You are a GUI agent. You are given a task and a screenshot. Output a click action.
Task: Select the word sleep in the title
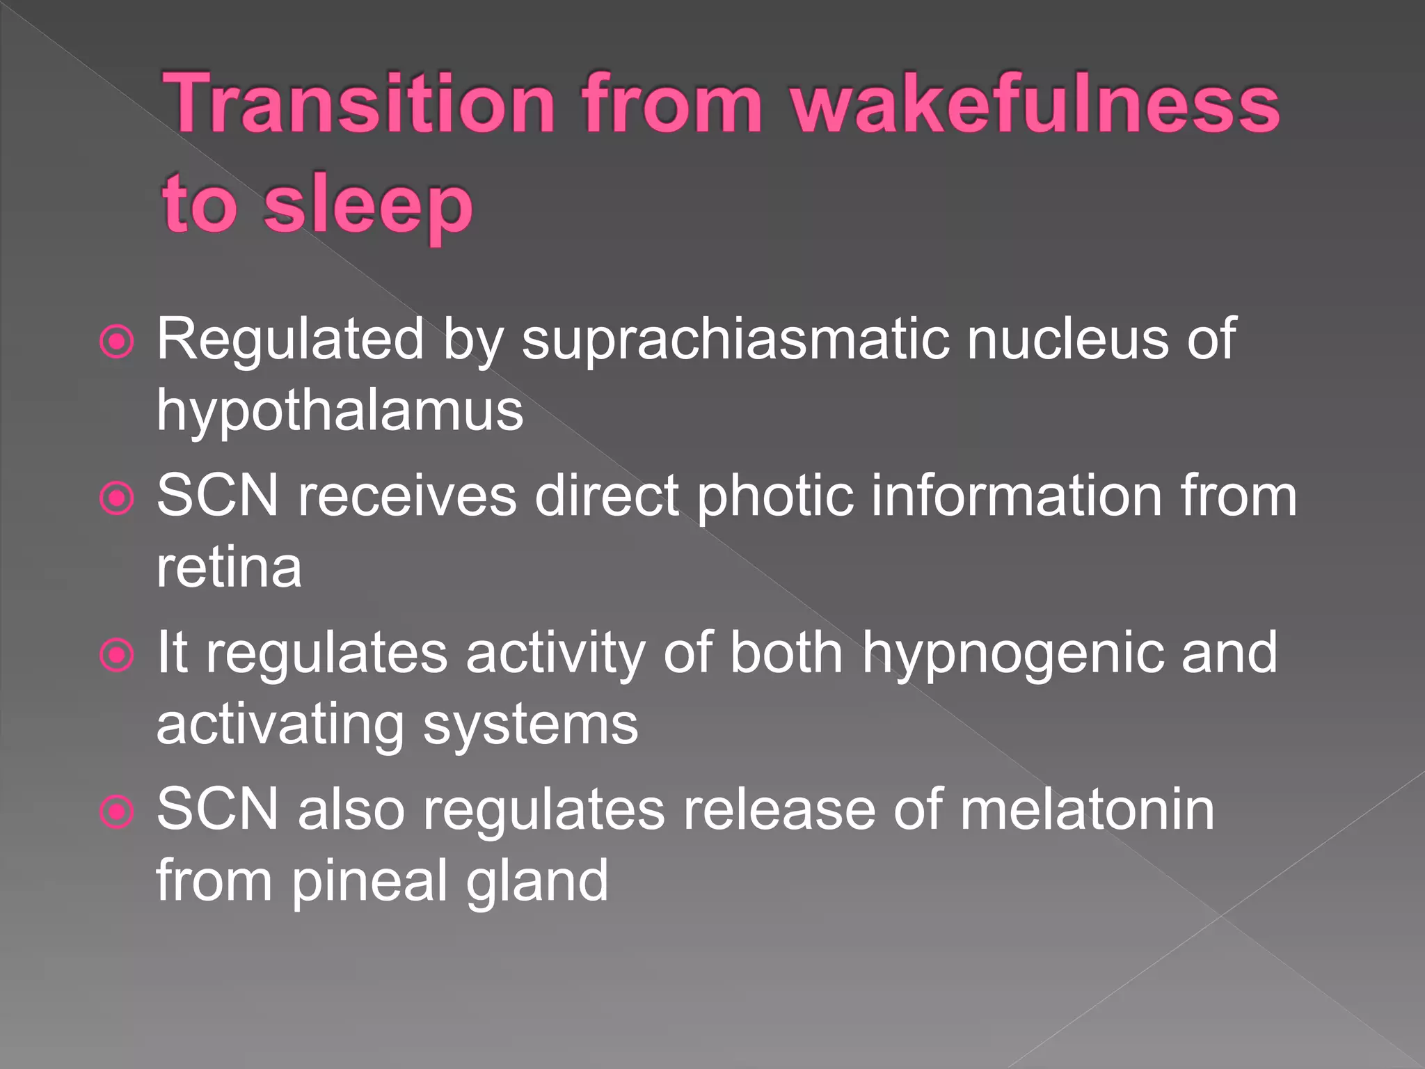(x=369, y=206)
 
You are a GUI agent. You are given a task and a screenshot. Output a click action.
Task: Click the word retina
(x=229, y=568)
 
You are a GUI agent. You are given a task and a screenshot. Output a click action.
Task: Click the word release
(x=779, y=809)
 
